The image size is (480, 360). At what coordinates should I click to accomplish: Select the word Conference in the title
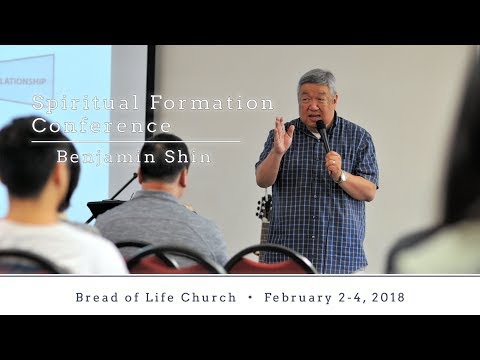pyautogui.click(x=102, y=127)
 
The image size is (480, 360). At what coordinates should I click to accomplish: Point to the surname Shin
pyautogui.click(x=191, y=157)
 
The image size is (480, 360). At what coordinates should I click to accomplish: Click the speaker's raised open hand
pyautogui.click(x=283, y=134)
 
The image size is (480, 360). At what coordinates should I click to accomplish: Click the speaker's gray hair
pyautogui.click(x=317, y=80)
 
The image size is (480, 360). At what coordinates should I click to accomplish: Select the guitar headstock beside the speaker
pyautogui.click(x=264, y=208)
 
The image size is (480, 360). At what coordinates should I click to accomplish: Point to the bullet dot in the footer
pyautogui.click(x=249, y=297)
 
